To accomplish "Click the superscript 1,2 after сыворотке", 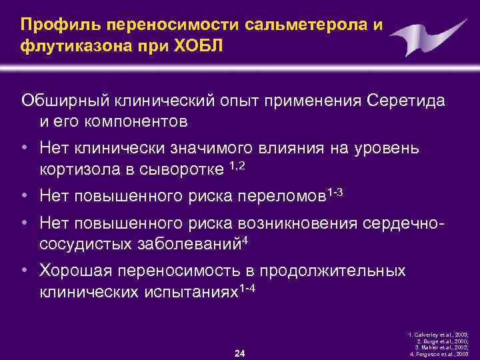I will (239, 165).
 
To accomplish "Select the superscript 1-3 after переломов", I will (335, 192).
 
